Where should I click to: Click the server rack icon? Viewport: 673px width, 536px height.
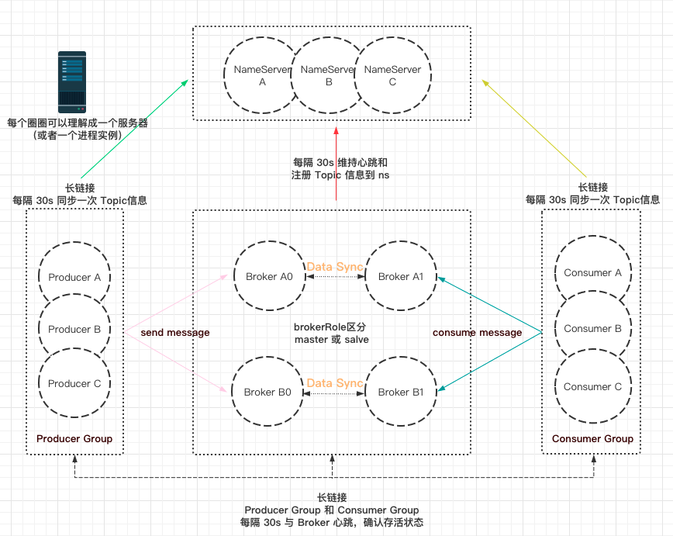(72, 82)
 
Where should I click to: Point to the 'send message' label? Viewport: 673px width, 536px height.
(175, 333)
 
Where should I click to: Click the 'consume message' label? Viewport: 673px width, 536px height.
(478, 333)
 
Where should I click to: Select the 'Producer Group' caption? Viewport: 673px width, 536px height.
(74, 438)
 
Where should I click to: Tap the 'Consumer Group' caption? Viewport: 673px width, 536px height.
(592, 438)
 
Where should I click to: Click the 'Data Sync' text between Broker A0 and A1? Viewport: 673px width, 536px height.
(335, 267)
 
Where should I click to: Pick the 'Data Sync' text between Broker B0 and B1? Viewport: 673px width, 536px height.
(335, 383)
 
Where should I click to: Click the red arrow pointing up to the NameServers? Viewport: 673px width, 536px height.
(336, 164)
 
